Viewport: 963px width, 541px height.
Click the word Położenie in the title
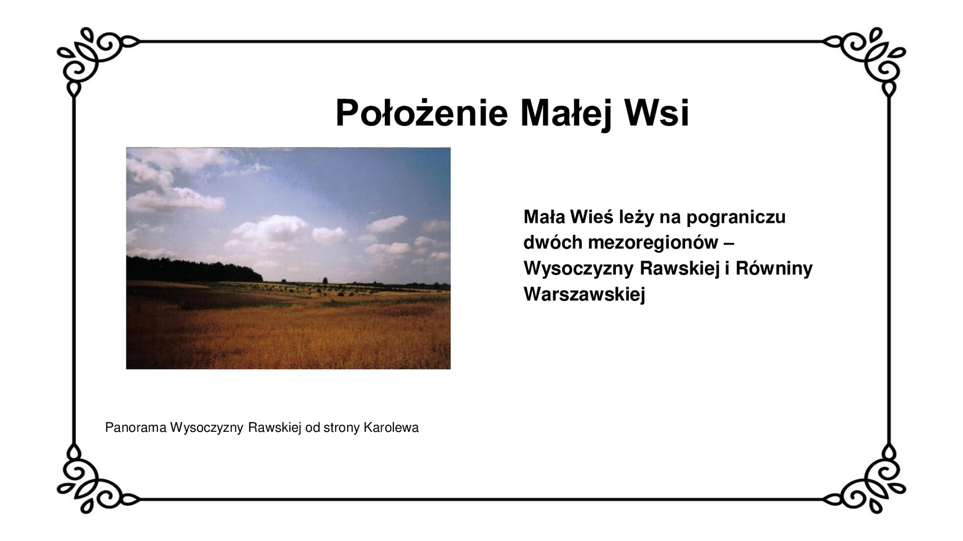(421, 113)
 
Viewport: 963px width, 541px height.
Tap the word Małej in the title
(566, 113)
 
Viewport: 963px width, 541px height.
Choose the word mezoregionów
(653, 243)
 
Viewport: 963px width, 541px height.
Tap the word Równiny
(774, 268)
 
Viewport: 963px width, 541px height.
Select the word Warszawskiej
(584, 294)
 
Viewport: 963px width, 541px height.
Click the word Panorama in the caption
(135, 428)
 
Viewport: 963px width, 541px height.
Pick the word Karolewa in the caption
(391, 428)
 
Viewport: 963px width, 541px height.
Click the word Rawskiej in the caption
(274, 428)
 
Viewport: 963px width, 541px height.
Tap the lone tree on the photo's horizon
(325, 281)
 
